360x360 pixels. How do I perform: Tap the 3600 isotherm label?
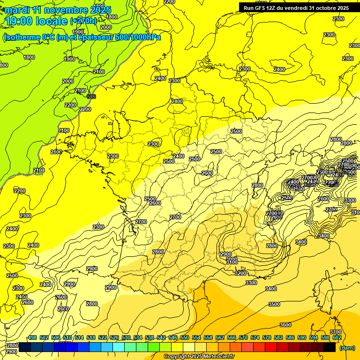[x=285, y=325]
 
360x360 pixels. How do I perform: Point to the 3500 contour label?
[x=274, y=304]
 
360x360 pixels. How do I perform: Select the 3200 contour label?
[x=240, y=273]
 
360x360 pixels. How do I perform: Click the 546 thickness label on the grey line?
[x=91, y=97]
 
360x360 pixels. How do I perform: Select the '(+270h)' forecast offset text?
[x=83, y=21]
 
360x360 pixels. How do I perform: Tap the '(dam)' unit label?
[x=346, y=348]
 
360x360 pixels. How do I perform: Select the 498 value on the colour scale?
[x=32, y=337]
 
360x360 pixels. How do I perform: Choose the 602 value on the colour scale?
[x=337, y=337]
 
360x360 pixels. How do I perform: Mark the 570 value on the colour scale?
[x=243, y=337]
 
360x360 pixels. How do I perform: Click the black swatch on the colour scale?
[x=330, y=347]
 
